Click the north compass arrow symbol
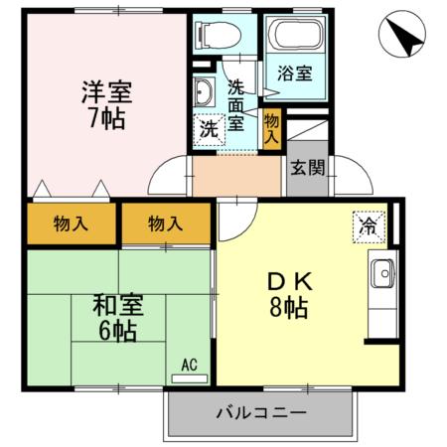[403, 37]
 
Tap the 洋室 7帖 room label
[105, 107]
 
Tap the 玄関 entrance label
[307, 167]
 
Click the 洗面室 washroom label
[237, 104]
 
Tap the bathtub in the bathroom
[295, 38]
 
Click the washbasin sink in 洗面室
[206, 93]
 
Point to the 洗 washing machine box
[209, 129]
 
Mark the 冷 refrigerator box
[368, 224]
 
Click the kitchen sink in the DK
[381, 272]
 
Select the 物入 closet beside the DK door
[165, 223]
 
